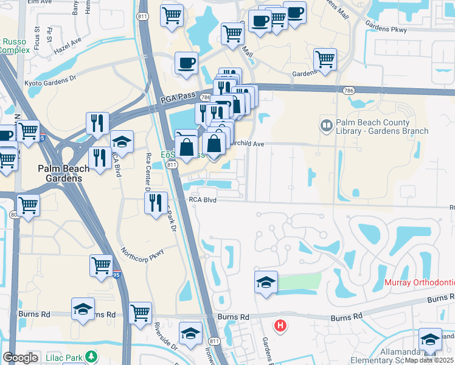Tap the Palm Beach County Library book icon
click(x=327, y=126)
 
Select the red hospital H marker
click(x=280, y=326)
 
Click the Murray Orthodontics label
click(x=420, y=283)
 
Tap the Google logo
click(x=21, y=358)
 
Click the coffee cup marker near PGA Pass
click(x=186, y=63)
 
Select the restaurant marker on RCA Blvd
click(x=156, y=201)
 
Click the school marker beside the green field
click(x=266, y=282)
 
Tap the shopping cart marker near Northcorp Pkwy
click(x=102, y=265)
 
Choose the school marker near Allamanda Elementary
click(x=430, y=339)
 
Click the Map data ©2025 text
click(x=429, y=360)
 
